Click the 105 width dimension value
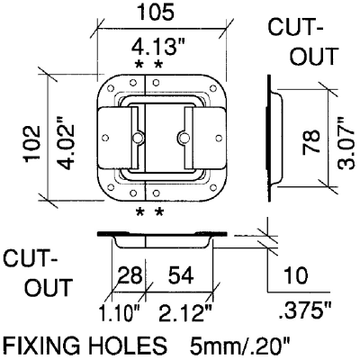pyautogui.click(x=155, y=13)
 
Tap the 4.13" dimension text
pyautogui.click(x=159, y=48)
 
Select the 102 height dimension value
pyautogui.click(x=32, y=143)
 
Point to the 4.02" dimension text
pyautogui.click(x=65, y=145)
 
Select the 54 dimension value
pyautogui.click(x=180, y=275)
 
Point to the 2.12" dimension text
pyautogui.click(x=185, y=313)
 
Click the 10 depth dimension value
pyautogui.click(x=296, y=275)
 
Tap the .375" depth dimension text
pyautogui.click(x=305, y=312)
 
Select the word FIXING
pyautogui.click(x=41, y=346)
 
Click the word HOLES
pyautogui.click(x=125, y=346)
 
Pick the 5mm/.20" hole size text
pyautogui.click(x=240, y=346)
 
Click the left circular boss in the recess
pyautogui.click(x=138, y=138)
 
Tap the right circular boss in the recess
pyautogui.click(x=183, y=138)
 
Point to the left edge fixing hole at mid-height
pyautogui.click(x=105, y=138)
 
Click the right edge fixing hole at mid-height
pyautogui.click(x=219, y=138)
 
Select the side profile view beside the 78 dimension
pyautogui.click(x=274, y=138)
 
